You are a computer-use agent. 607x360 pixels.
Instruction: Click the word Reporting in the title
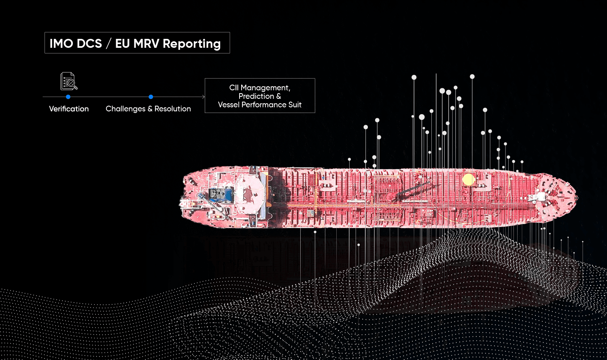point(191,44)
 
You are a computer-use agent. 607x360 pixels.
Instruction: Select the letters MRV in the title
point(146,44)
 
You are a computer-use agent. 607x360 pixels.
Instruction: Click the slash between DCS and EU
point(108,44)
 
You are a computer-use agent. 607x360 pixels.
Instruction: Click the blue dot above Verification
point(68,97)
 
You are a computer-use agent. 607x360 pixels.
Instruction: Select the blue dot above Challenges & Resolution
point(151,97)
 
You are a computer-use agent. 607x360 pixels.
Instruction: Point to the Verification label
point(69,109)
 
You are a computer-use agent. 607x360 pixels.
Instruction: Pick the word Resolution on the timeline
point(173,109)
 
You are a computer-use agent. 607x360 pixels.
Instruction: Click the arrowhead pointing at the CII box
point(203,97)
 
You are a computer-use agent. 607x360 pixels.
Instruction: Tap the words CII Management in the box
point(259,88)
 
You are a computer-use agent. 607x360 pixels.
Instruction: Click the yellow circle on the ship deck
point(468,179)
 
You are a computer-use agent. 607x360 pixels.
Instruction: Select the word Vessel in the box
point(229,105)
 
